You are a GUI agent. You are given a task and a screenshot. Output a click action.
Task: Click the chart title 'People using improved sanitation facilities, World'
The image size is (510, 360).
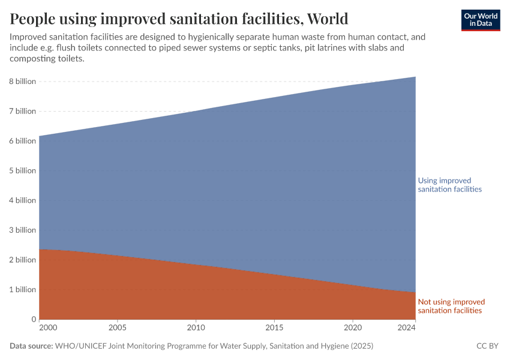click(x=179, y=18)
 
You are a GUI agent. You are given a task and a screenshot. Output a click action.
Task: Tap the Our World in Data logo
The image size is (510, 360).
click(x=481, y=20)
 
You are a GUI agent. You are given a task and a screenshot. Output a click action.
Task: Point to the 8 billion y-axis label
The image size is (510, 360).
click(x=22, y=82)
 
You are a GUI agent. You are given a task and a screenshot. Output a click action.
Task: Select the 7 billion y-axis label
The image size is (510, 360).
click(x=22, y=111)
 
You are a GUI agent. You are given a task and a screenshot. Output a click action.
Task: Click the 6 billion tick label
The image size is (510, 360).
click(x=22, y=141)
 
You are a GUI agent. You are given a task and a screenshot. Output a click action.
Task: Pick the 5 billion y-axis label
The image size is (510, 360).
click(x=22, y=170)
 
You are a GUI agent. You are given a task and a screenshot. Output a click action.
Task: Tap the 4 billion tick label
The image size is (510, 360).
click(x=22, y=200)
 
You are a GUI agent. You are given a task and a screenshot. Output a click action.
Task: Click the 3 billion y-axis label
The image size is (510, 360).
click(x=22, y=230)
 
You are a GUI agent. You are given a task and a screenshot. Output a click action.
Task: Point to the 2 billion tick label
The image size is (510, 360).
click(x=22, y=260)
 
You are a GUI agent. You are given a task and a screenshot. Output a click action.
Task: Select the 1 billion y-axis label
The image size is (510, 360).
click(x=22, y=289)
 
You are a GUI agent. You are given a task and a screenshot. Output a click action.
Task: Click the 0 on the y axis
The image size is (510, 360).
click(x=34, y=319)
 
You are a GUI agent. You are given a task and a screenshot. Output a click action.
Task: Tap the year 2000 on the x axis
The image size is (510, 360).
click(x=47, y=328)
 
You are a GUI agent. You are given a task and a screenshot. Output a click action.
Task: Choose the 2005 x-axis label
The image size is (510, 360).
click(x=117, y=328)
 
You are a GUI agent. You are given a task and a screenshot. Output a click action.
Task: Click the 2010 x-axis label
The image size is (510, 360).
click(x=196, y=328)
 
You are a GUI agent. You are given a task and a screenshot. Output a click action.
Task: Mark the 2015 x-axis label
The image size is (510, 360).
click(x=274, y=328)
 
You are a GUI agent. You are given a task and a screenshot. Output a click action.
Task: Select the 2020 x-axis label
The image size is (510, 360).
click(x=353, y=328)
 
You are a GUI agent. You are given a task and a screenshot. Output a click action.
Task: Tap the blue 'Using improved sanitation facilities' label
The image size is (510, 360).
click(x=449, y=185)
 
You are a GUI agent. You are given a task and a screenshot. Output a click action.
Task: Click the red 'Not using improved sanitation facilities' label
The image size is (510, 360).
click(x=451, y=306)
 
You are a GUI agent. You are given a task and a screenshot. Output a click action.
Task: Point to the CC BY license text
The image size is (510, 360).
click(x=487, y=346)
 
